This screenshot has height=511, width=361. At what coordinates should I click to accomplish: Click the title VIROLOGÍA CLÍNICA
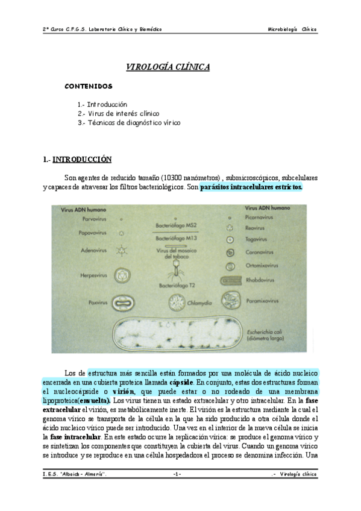168,67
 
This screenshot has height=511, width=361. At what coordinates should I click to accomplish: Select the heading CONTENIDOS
89,86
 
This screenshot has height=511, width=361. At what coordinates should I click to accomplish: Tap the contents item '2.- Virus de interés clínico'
118,113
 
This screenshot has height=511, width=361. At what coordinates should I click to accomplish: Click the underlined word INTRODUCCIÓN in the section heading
83,160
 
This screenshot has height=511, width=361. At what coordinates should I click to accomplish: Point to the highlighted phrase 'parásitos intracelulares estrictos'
251,187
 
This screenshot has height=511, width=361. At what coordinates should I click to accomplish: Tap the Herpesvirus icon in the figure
123,275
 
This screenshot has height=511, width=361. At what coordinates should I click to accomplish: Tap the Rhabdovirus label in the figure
262,280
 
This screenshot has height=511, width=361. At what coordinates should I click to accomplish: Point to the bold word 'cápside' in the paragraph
181,383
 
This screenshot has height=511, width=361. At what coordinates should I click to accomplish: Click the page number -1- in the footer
177,474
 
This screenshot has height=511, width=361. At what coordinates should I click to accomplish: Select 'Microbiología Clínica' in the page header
292,29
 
